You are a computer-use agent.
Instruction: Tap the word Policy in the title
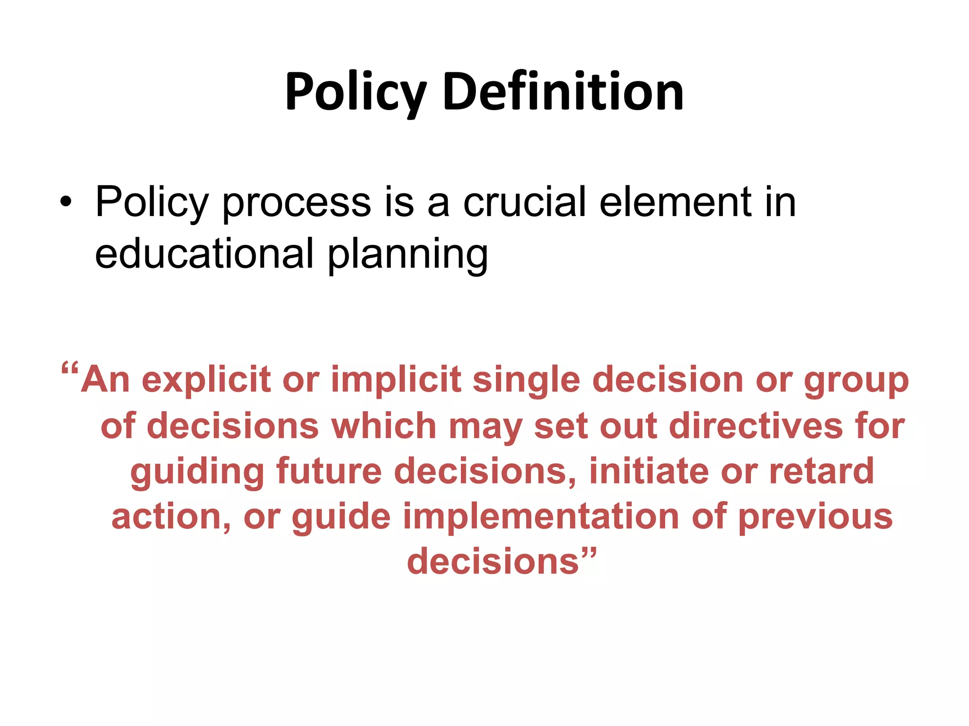[x=356, y=92]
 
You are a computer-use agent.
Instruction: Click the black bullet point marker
[x=66, y=202]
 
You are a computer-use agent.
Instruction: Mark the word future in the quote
[x=328, y=471]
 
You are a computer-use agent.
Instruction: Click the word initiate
[x=648, y=471]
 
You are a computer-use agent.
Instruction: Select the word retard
[x=821, y=471]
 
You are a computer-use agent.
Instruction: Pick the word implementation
[x=541, y=516]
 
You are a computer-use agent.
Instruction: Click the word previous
[x=815, y=517]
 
